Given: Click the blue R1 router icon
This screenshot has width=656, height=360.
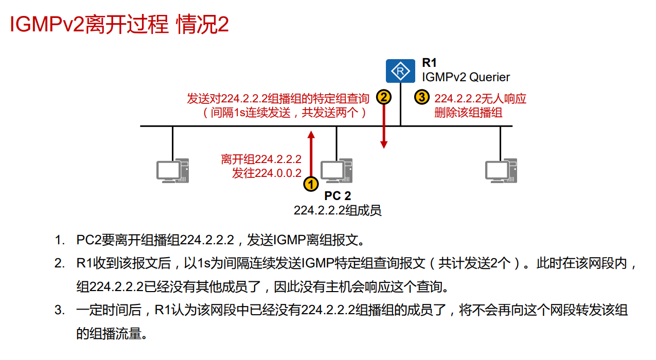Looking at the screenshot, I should [400, 70].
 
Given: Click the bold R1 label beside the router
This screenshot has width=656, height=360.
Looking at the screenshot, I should [429, 63].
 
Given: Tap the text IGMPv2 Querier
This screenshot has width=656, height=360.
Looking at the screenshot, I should [466, 78].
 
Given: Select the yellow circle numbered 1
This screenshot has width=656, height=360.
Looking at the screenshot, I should [311, 184].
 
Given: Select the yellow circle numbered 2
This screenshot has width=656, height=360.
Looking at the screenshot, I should [383, 97].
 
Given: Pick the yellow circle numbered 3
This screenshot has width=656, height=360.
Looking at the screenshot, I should [421, 97].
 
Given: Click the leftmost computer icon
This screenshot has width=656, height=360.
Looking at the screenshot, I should [172, 170].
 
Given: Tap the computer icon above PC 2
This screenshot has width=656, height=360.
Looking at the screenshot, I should [336, 170].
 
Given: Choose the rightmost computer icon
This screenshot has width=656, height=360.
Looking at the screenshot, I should [501, 170].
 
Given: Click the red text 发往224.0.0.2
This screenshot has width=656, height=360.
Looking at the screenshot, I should [267, 173].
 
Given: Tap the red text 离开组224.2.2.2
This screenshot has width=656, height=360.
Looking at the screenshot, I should [261, 159].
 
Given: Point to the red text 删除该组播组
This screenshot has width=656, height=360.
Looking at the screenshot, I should [468, 113].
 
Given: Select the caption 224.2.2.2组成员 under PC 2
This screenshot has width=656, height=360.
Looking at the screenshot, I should [338, 210].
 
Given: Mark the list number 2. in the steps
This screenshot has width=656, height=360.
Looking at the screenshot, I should [60, 264].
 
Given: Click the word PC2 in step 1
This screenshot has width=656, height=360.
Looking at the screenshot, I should [87, 240].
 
